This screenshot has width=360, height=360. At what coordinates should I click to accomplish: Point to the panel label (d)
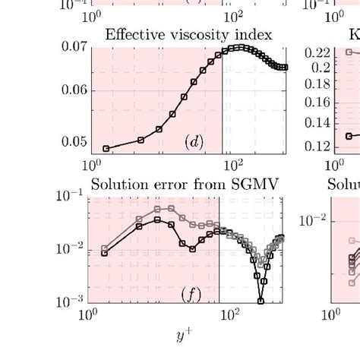(193, 141)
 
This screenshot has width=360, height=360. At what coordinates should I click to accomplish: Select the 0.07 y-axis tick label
(74, 48)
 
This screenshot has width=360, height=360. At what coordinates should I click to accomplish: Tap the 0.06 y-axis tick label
(74, 91)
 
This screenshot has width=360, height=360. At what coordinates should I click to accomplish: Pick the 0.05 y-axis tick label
(74, 141)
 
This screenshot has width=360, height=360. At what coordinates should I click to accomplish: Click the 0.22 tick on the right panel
(320, 52)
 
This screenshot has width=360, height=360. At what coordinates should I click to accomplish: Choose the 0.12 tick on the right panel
(320, 147)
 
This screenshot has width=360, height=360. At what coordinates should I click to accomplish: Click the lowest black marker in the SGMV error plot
(261, 301)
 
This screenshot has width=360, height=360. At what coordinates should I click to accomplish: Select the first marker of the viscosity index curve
(106, 148)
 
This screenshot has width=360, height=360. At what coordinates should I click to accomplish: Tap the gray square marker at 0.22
(348, 52)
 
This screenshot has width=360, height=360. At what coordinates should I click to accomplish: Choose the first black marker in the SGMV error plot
(105, 253)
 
